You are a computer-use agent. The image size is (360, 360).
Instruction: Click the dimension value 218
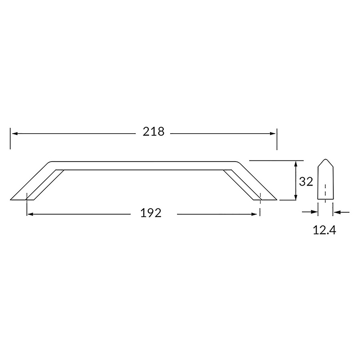[x=153, y=132]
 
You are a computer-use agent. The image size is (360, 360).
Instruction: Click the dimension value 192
[x=151, y=213]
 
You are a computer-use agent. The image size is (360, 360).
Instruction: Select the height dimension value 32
[x=306, y=182]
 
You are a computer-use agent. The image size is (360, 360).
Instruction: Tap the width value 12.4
[x=324, y=230]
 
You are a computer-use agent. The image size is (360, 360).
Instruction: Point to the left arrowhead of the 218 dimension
[x=15, y=134]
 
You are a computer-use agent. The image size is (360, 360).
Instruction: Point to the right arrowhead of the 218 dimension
[x=273, y=134]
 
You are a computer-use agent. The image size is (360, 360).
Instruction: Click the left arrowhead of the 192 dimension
[x=30, y=214]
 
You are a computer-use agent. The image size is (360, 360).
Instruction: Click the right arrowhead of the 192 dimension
[x=254, y=214]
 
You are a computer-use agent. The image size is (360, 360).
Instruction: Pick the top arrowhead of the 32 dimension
[x=296, y=164]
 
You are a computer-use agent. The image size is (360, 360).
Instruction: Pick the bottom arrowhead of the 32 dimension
[x=296, y=197]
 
